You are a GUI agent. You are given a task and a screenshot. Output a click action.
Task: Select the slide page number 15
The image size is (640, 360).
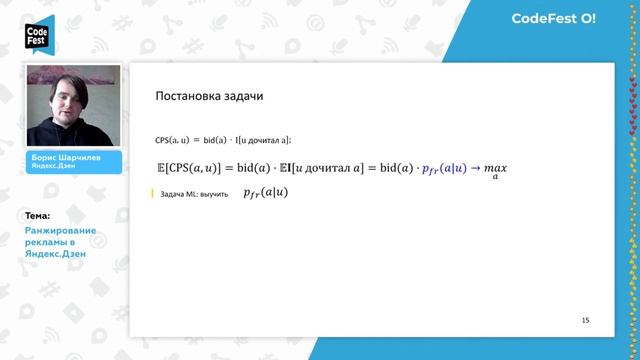point(585,320)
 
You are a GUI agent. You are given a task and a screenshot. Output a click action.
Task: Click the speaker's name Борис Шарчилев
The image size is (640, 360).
point(66,158)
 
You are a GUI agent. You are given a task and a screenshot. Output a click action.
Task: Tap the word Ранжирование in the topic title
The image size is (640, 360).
point(59,231)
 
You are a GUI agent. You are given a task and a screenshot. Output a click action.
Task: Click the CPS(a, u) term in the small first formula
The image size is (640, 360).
point(176,139)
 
